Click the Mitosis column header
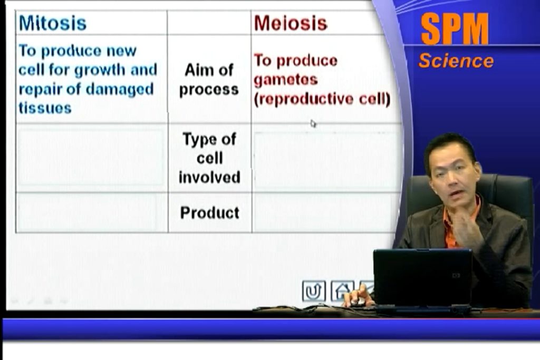(52, 23)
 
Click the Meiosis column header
(291, 23)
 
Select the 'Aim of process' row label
(209, 80)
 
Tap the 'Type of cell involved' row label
(209, 158)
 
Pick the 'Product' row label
(210, 213)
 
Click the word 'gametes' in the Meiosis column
(285, 80)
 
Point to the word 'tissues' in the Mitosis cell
(45, 108)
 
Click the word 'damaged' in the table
(119, 90)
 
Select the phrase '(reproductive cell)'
(322, 99)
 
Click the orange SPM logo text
(454, 29)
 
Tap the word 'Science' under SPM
(456, 61)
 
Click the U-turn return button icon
(313, 291)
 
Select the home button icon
(342, 291)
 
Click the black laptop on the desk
(422, 279)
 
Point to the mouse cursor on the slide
(313, 123)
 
